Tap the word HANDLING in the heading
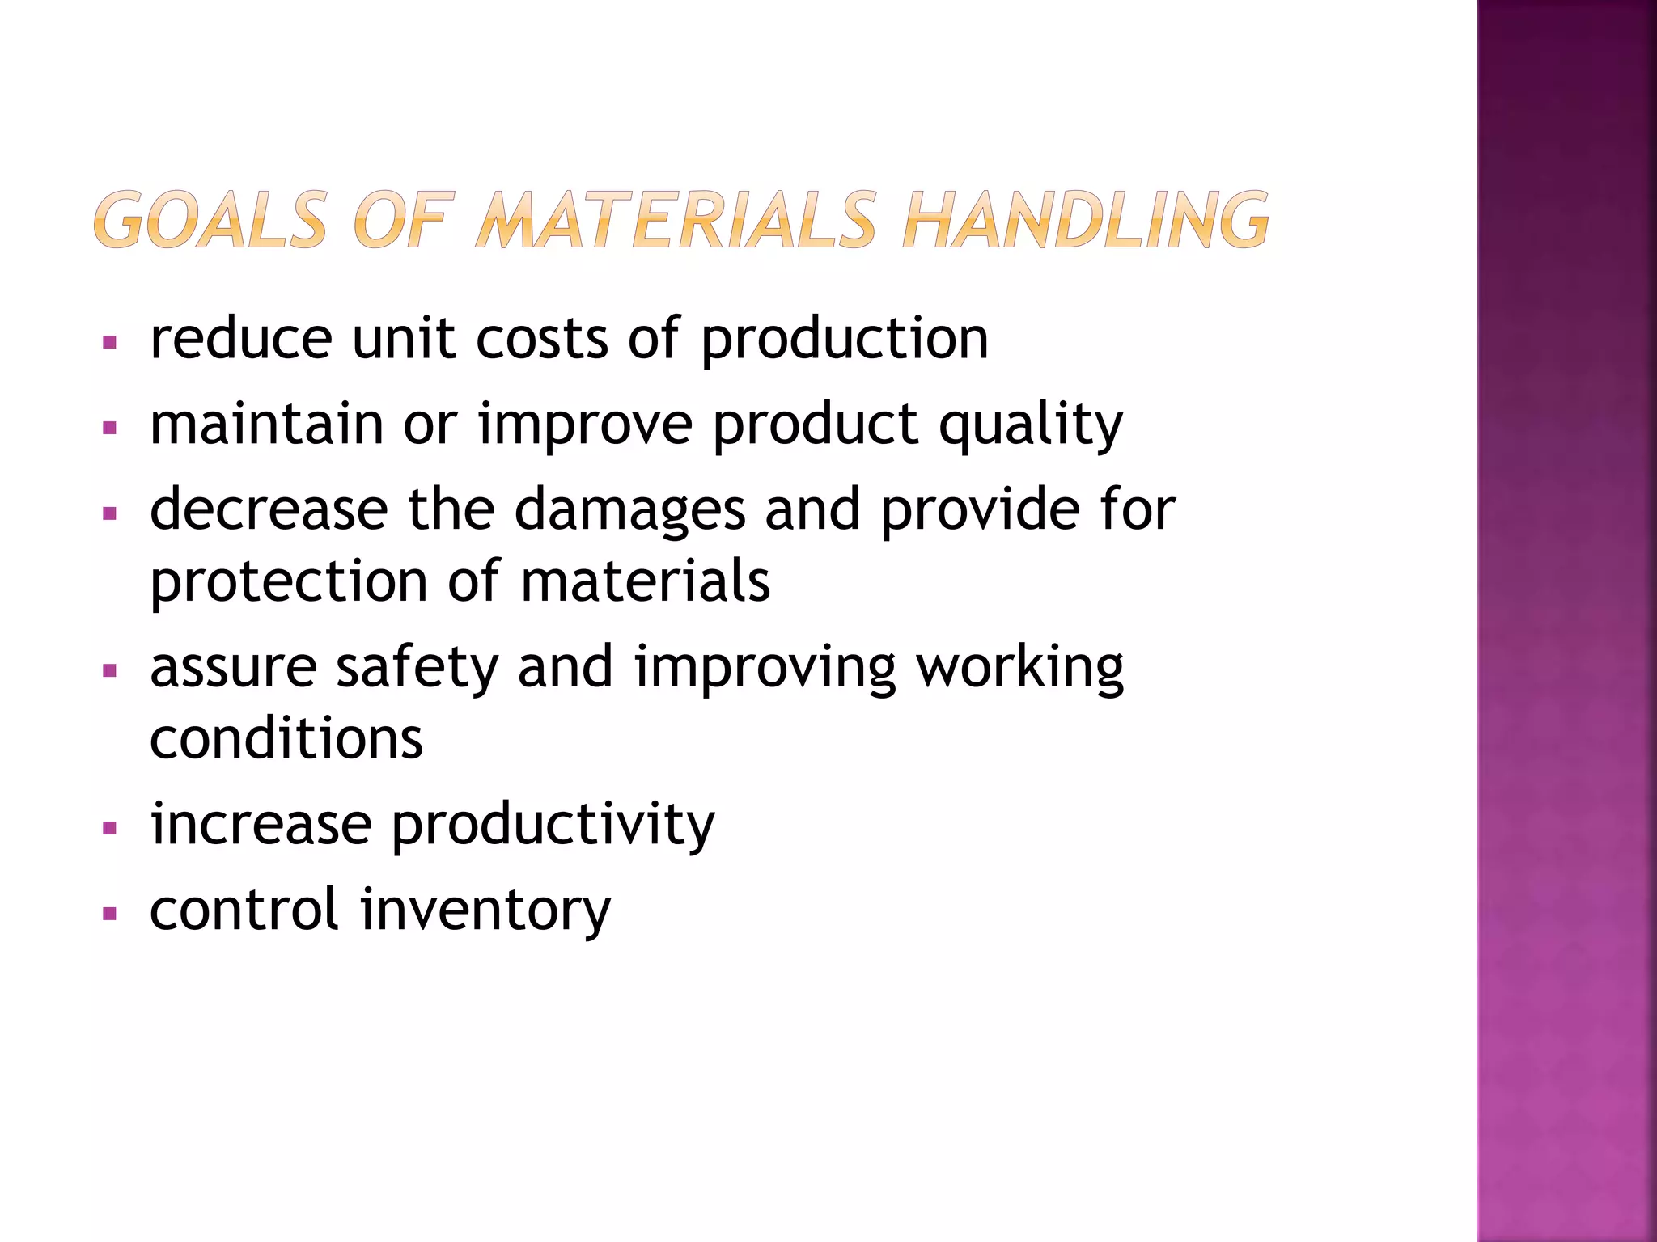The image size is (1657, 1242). tap(1085, 219)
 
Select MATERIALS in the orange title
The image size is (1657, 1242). tap(676, 219)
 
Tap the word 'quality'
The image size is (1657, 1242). tap(1030, 425)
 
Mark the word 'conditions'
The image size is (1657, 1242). tap(286, 738)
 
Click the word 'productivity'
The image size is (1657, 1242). tap(553, 826)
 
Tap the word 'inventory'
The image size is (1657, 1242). tap(485, 910)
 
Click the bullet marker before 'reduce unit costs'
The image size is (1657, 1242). tap(110, 342)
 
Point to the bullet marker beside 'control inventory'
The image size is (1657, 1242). tap(110, 915)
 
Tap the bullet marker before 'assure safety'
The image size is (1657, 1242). tap(110, 670)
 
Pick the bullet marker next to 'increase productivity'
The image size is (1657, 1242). tap(110, 828)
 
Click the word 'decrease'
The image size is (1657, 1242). tap(269, 509)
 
